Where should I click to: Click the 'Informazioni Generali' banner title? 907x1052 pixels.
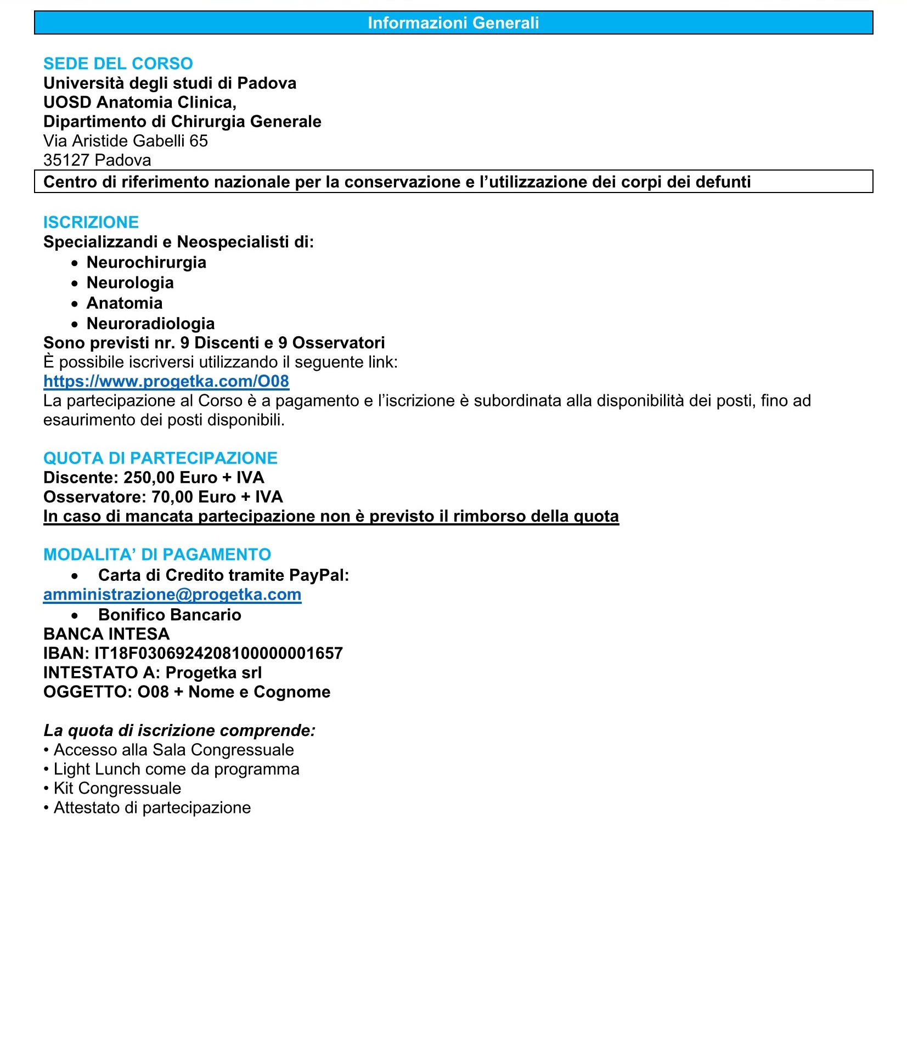(453, 23)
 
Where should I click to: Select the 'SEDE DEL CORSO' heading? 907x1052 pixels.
(118, 64)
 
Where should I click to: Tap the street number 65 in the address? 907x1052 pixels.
(199, 141)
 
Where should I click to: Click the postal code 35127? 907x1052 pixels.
(66, 160)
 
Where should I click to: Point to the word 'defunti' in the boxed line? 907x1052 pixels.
(723, 182)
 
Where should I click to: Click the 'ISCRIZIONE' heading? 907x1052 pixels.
(91, 222)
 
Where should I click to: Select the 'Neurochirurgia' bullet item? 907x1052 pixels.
(147, 262)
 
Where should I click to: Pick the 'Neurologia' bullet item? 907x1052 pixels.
(130, 282)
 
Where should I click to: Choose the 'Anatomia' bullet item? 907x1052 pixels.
(125, 303)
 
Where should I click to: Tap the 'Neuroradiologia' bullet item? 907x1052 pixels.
(150, 324)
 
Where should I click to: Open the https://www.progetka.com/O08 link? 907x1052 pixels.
(166, 381)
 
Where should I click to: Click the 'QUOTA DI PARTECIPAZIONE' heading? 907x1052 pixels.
(160, 458)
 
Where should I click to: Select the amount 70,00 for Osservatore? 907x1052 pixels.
(172, 497)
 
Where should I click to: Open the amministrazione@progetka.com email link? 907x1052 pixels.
(172, 595)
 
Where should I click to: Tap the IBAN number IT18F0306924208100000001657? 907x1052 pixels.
(218, 653)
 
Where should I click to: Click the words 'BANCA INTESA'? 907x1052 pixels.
(106, 634)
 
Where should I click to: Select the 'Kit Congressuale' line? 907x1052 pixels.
(117, 788)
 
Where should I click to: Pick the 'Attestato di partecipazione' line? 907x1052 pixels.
(152, 807)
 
